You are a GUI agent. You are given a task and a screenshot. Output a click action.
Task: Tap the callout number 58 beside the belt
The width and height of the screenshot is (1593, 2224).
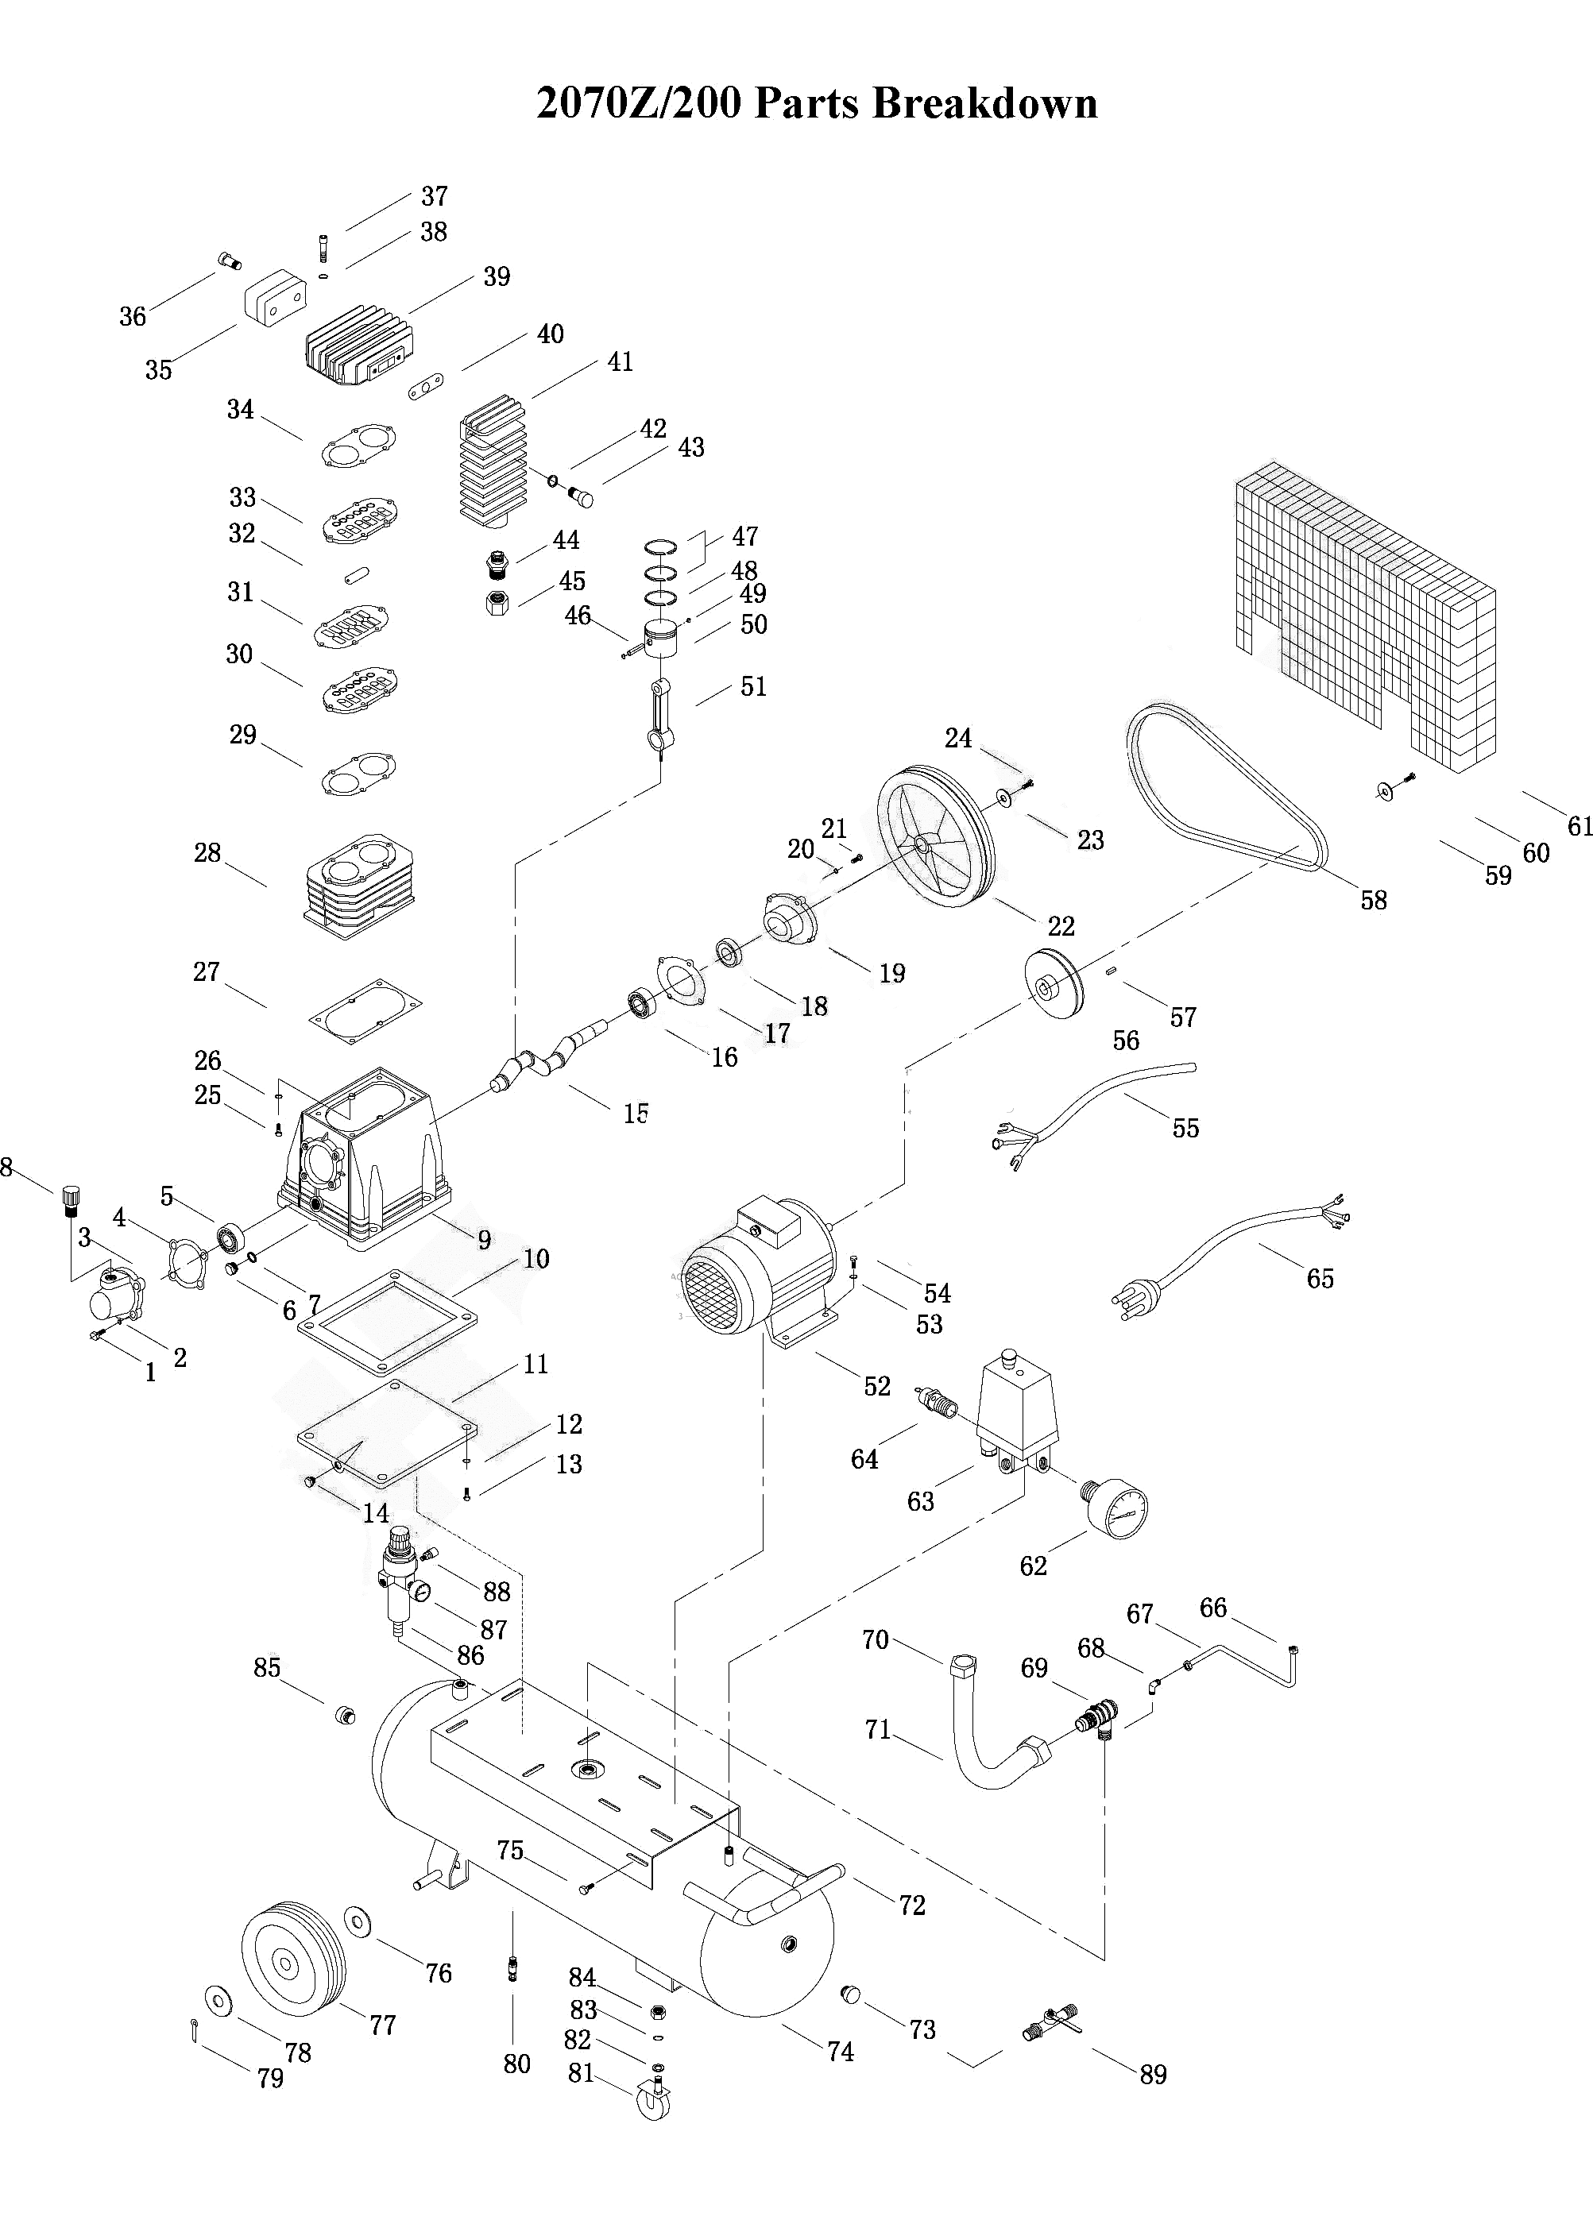pyautogui.click(x=1373, y=900)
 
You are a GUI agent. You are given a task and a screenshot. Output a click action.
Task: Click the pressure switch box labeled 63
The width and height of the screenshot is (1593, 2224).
pyautogui.click(x=1015, y=1412)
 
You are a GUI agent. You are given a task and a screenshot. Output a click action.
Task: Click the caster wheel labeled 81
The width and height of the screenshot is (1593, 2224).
pyautogui.click(x=651, y=2100)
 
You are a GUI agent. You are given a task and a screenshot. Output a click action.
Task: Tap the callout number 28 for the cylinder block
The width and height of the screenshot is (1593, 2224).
pyautogui.click(x=207, y=853)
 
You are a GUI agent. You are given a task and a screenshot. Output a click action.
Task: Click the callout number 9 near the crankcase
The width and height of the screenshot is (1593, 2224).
pyautogui.click(x=484, y=1241)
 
